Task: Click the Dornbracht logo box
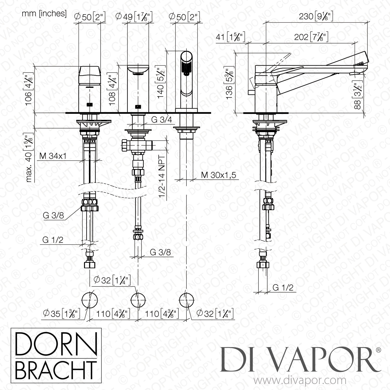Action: tap(56, 357)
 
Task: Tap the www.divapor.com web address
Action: tap(300, 381)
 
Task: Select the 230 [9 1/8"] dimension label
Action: tap(316, 16)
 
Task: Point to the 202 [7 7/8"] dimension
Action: tap(311, 37)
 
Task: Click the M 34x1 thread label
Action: tap(53, 156)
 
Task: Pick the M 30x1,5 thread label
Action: tap(218, 175)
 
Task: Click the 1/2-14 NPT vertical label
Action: tap(162, 177)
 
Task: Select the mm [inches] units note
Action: tap(44, 14)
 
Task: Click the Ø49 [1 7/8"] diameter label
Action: tap(133, 17)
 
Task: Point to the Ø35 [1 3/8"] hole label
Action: tap(61, 314)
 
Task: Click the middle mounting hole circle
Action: tap(138, 300)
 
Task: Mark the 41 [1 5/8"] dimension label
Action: tap(230, 37)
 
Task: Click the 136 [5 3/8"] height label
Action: tap(229, 84)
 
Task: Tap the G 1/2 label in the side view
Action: tap(283, 287)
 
